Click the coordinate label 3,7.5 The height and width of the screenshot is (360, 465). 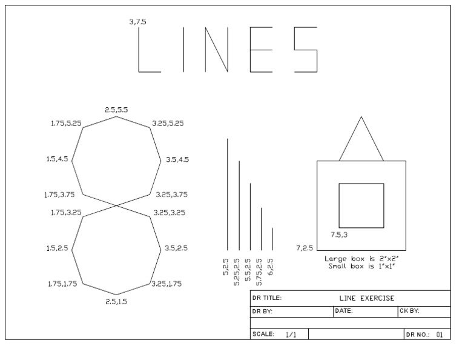(x=137, y=22)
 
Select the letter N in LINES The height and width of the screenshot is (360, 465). (x=217, y=50)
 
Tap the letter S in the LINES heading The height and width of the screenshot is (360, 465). (x=306, y=50)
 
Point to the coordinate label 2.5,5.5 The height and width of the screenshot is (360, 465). (x=116, y=110)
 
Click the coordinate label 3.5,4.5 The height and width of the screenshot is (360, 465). (x=177, y=160)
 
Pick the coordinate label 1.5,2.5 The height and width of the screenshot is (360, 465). (x=57, y=248)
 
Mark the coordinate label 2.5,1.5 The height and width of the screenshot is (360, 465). (x=116, y=301)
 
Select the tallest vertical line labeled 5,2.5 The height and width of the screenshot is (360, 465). (x=228, y=194)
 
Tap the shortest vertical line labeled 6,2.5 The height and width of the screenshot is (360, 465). (x=272, y=239)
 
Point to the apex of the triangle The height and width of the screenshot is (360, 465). (x=361, y=117)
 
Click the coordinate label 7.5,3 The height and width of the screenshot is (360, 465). (x=339, y=234)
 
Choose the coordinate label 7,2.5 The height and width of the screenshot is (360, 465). (x=305, y=248)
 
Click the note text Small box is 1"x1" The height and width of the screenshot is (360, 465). (x=361, y=266)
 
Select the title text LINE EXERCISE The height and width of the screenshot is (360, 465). (x=367, y=298)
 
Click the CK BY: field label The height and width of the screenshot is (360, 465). (x=410, y=312)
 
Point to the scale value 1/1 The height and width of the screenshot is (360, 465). (x=291, y=335)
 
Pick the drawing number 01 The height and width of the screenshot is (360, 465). (x=440, y=335)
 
